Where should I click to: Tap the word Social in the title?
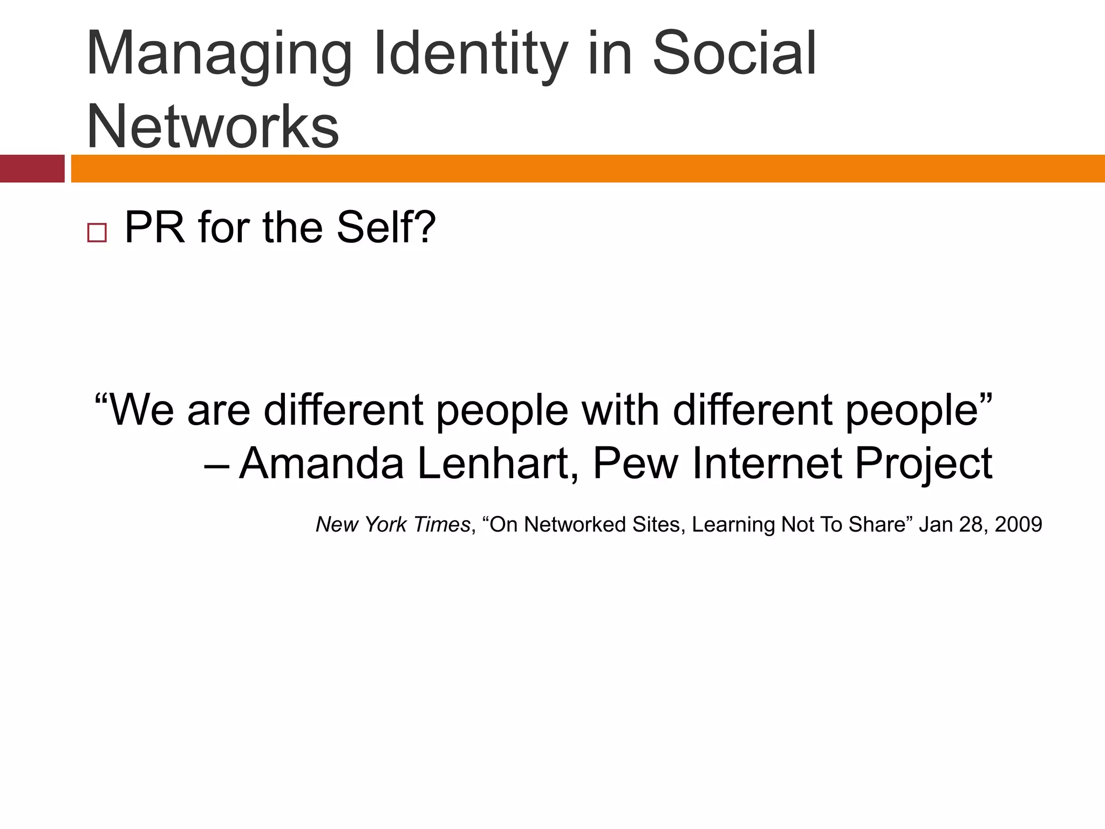734,54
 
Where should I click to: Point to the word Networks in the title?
213,126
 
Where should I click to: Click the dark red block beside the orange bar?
32,168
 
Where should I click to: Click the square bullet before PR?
97,233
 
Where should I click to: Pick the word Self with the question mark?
385,228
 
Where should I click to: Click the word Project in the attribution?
924,464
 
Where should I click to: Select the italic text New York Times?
393,525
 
